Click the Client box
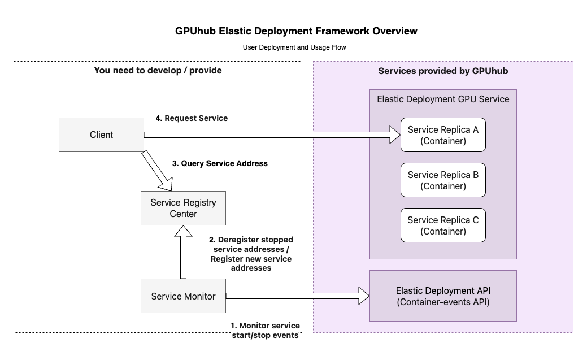click(101, 135)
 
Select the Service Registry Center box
click(183, 209)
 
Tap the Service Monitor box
click(183, 296)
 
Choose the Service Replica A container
click(443, 135)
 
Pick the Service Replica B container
click(443, 180)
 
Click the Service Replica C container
click(443, 225)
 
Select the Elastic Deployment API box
click(443, 296)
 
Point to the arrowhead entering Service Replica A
click(394, 135)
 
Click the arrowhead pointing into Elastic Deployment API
click(363, 295)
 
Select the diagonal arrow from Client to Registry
click(159, 170)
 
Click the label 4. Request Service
click(192, 119)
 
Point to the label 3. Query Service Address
click(220, 163)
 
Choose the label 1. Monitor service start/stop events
click(264, 331)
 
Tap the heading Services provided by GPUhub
click(443, 71)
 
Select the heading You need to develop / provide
click(158, 71)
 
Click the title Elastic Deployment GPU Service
click(443, 99)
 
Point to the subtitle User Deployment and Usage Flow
click(294, 47)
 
